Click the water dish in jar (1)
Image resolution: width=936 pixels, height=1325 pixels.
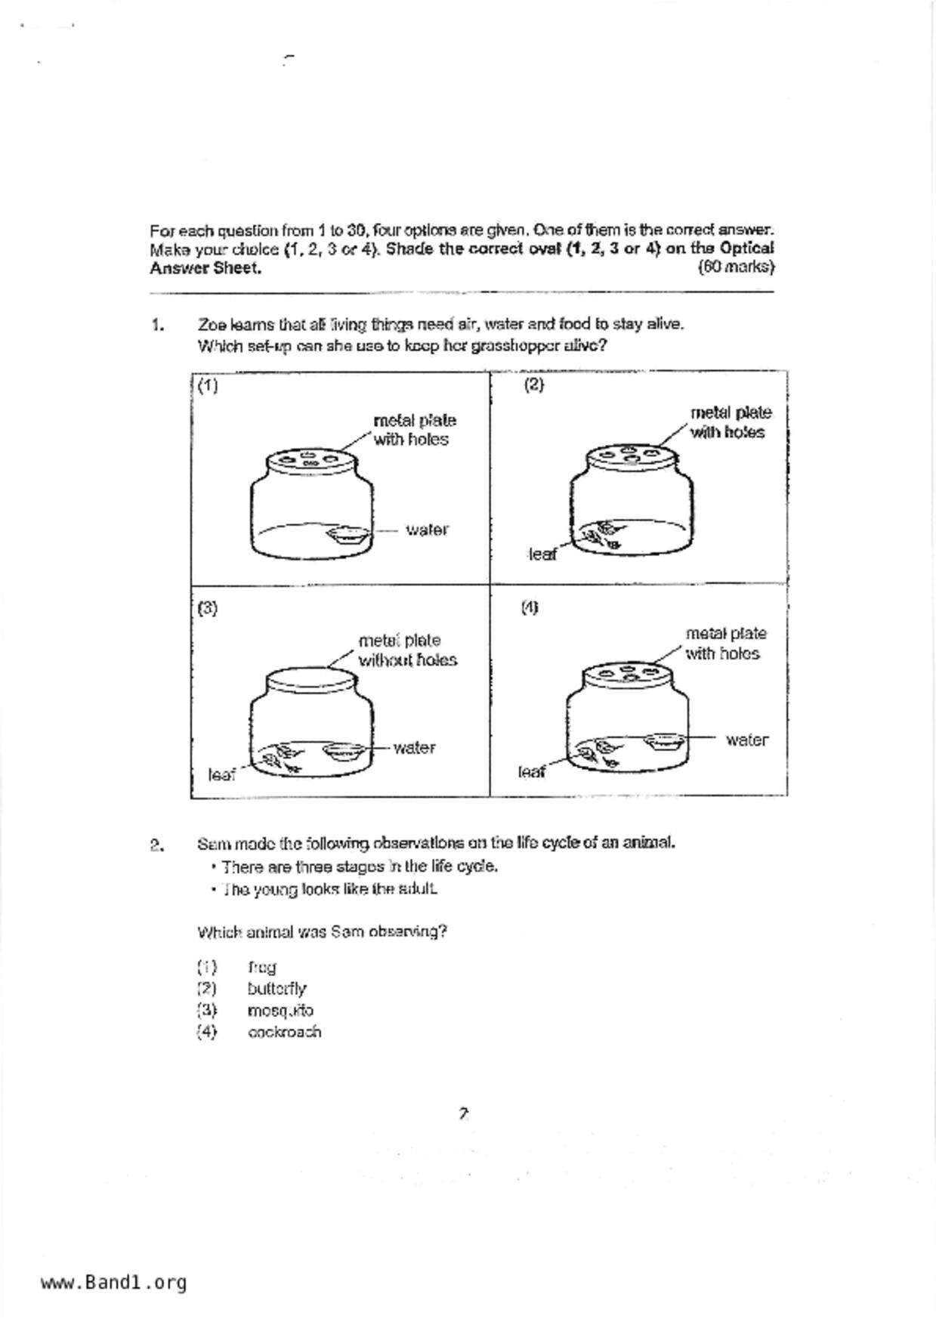348,536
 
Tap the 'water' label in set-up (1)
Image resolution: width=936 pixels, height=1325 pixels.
427,530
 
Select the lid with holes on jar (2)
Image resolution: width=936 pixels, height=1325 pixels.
629,455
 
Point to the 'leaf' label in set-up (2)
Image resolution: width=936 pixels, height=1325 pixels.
542,554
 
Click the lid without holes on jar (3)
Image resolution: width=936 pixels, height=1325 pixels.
310,678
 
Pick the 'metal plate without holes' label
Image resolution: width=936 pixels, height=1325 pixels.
407,650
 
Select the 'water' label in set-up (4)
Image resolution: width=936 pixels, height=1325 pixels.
746,740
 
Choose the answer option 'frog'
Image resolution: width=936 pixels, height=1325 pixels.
261,968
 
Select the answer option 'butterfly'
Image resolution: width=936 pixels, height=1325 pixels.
276,989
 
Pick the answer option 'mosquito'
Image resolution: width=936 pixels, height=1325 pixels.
280,1011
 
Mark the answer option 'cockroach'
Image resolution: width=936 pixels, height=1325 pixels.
284,1032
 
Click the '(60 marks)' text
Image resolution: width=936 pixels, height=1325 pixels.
736,267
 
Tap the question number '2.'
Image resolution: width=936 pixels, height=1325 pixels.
157,845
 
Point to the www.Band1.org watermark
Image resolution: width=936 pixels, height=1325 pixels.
113,1282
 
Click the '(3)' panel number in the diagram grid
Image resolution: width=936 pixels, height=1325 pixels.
207,608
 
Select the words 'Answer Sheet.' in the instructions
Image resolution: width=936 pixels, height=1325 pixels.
205,268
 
